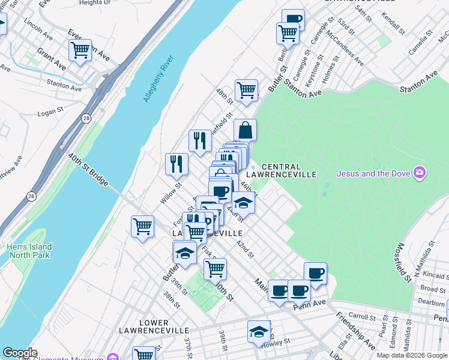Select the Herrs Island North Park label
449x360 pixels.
point(29,251)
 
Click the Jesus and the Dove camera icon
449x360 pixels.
point(419,174)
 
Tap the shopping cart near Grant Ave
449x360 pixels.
point(80,50)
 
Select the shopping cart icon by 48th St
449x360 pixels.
point(246,90)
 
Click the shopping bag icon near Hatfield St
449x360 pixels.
point(245,130)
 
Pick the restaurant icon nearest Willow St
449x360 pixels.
point(176,163)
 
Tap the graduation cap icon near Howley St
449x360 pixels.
point(259,331)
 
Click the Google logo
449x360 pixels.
point(20,353)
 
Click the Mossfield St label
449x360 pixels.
point(403,263)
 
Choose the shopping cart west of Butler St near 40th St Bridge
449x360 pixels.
point(142,226)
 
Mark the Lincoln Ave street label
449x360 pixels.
point(38,30)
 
